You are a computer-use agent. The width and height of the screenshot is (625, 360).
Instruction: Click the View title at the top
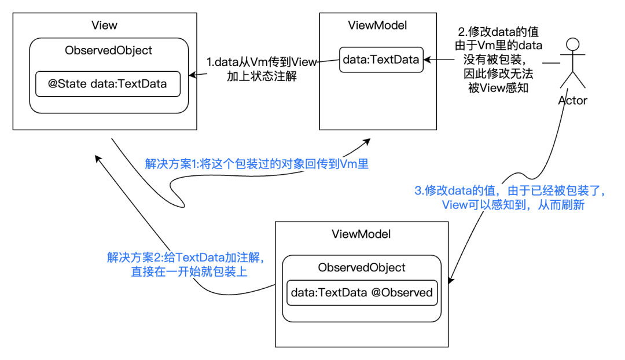[104, 25]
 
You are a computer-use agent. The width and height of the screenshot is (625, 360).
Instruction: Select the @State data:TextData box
[108, 84]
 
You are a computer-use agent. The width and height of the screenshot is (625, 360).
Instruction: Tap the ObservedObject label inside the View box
[108, 50]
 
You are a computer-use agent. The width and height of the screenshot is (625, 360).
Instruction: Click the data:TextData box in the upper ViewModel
[381, 60]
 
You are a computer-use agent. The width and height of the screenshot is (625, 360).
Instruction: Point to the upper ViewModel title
[377, 25]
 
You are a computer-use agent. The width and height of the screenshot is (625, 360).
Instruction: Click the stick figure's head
[573, 44]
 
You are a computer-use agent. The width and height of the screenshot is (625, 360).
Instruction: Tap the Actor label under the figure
[573, 101]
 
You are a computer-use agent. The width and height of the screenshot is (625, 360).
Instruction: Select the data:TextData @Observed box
[362, 293]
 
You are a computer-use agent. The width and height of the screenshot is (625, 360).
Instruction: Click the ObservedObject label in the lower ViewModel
[362, 267]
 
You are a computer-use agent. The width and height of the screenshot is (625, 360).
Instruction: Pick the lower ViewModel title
[361, 234]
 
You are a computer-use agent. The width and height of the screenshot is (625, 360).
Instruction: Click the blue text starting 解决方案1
[257, 164]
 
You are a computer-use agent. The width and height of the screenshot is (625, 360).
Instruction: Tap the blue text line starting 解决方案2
[186, 258]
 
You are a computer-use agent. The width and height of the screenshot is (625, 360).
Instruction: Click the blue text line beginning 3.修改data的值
[510, 190]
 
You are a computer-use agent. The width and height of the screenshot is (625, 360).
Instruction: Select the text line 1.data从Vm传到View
[262, 62]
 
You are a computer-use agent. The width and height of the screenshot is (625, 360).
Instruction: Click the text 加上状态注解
[262, 76]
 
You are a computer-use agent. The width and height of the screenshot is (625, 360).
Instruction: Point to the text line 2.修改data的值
[498, 31]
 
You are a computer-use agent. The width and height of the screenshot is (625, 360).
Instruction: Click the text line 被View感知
[498, 88]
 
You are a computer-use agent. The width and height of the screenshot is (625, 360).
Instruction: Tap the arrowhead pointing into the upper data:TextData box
[427, 60]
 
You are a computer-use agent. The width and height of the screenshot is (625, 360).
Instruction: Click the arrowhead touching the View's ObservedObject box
[193, 75]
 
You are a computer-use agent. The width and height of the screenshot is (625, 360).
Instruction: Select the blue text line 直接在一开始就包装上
[189, 272]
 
